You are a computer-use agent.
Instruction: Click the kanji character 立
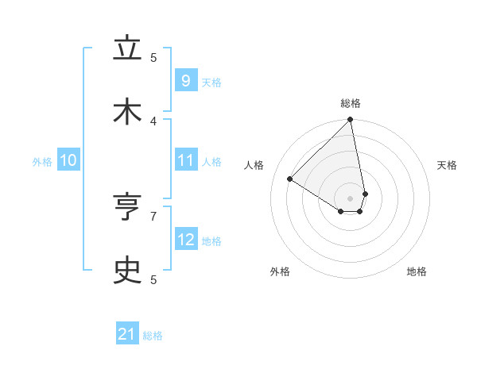point(127,49)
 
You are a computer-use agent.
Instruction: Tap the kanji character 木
point(127,111)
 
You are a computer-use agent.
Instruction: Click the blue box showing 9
point(185,80)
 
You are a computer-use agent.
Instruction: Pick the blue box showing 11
point(185,160)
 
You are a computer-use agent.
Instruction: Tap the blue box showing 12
point(185,240)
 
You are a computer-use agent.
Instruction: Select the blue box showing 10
point(68,160)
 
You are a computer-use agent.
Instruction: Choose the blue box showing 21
point(127,334)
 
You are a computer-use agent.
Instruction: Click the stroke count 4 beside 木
point(153,121)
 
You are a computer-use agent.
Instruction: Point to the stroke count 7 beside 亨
point(153,215)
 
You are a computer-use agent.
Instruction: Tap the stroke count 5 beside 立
point(153,57)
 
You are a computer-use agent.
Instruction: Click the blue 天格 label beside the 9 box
point(211,82)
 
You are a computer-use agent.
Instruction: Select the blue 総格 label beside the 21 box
point(153,336)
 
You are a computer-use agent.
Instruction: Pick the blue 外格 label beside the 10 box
point(42,162)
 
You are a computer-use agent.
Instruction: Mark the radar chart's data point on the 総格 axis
point(351,121)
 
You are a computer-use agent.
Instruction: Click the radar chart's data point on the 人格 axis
point(290,179)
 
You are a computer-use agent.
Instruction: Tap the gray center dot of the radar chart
point(351,198)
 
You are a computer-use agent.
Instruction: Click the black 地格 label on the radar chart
point(417,271)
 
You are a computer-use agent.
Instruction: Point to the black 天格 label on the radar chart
point(447,165)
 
